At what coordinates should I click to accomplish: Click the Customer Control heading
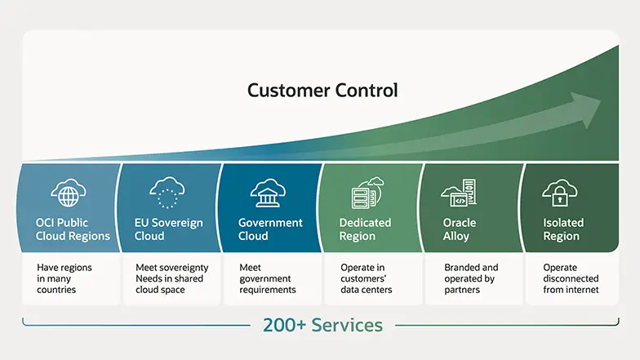(322, 89)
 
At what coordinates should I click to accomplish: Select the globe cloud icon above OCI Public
(68, 193)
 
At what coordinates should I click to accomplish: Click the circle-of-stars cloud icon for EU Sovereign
(167, 193)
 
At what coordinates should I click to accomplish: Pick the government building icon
(269, 193)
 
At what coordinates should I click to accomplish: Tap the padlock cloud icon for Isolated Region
(560, 193)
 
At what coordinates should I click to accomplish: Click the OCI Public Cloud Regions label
(73, 229)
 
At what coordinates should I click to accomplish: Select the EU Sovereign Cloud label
(169, 229)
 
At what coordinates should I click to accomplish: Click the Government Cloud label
(270, 229)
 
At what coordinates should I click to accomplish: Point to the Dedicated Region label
(365, 229)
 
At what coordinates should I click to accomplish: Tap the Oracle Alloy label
(460, 229)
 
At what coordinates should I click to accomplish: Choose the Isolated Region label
(562, 229)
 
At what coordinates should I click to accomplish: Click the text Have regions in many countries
(64, 278)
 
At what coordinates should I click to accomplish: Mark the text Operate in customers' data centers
(366, 278)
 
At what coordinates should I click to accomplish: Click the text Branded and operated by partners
(471, 278)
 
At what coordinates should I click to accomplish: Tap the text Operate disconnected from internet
(571, 278)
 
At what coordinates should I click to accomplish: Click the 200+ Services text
(322, 325)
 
